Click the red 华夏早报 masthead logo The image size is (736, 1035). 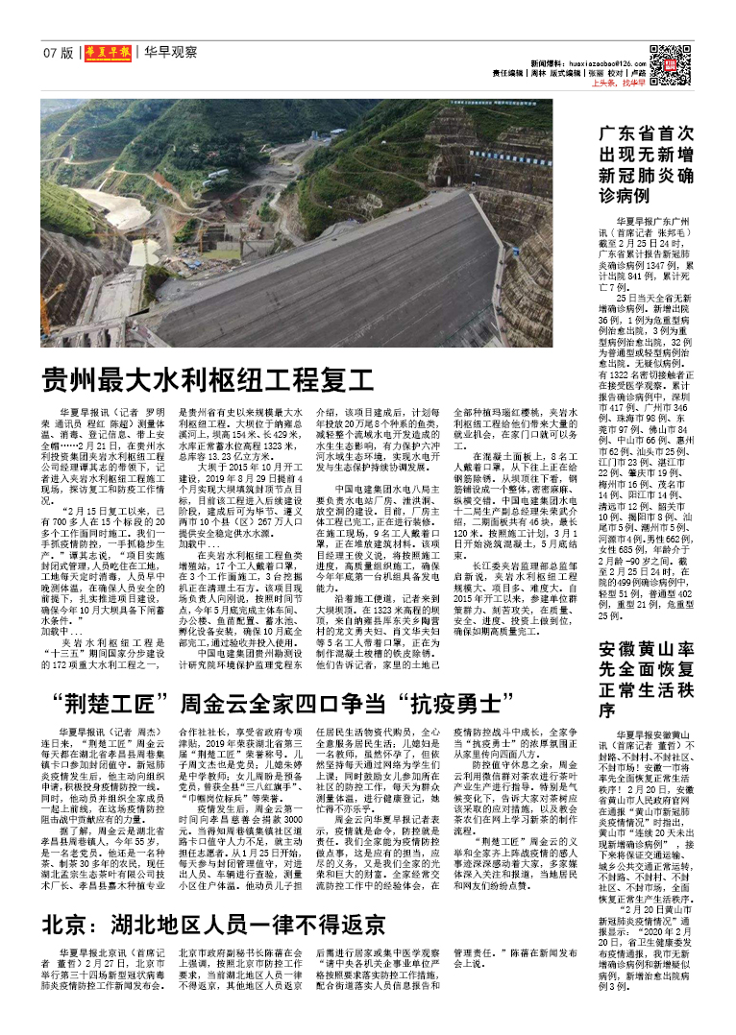pos(106,53)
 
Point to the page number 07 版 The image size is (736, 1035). pos(57,53)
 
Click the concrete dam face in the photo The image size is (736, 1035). pos(365,269)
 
